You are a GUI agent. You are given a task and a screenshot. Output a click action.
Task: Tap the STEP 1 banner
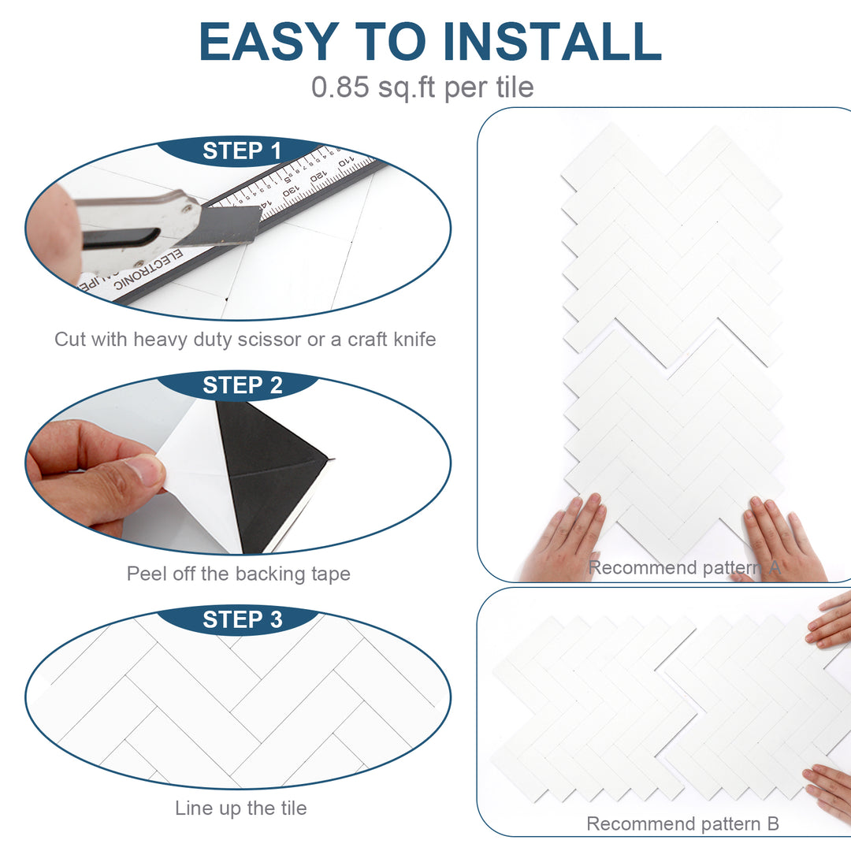pos(242,151)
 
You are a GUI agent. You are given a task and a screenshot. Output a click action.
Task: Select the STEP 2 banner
pos(242,385)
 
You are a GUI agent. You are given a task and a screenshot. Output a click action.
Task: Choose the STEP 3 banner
pos(242,620)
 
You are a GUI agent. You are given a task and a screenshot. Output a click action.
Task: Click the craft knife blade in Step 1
pos(232,225)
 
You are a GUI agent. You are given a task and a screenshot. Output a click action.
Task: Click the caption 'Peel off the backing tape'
pos(238,574)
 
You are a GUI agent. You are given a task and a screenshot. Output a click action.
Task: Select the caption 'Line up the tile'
pos(240,808)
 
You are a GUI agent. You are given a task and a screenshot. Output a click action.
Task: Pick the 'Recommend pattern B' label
pos(682,824)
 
